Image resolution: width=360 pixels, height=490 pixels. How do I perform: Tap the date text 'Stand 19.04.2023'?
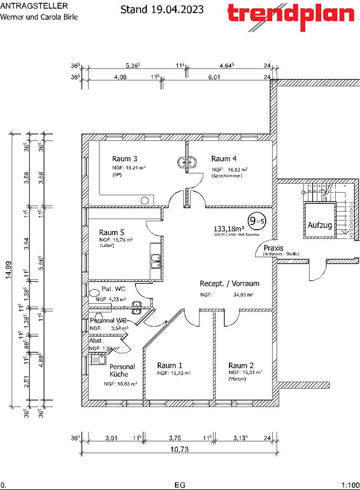tap(162, 9)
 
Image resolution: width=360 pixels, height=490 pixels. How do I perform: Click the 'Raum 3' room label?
tap(125, 158)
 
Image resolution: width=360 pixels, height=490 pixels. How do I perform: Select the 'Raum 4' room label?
tap(224, 158)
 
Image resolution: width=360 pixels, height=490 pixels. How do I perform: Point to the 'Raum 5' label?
tap(111, 232)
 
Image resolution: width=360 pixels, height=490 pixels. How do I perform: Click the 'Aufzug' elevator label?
tap(320, 225)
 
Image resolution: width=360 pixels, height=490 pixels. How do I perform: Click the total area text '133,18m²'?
tap(230, 228)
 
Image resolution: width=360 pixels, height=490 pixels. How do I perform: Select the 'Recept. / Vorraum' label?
tap(229, 284)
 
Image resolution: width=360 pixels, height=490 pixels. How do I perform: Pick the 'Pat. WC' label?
tap(114, 290)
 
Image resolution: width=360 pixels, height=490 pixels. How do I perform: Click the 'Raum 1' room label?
tap(170, 365)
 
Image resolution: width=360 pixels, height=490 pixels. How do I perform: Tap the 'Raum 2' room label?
tap(241, 365)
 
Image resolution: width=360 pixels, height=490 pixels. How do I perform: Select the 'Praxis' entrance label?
tap(273, 248)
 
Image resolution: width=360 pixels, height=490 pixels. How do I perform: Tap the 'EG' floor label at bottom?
tap(180, 484)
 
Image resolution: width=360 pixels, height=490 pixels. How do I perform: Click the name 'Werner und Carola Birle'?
tap(39, 17)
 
